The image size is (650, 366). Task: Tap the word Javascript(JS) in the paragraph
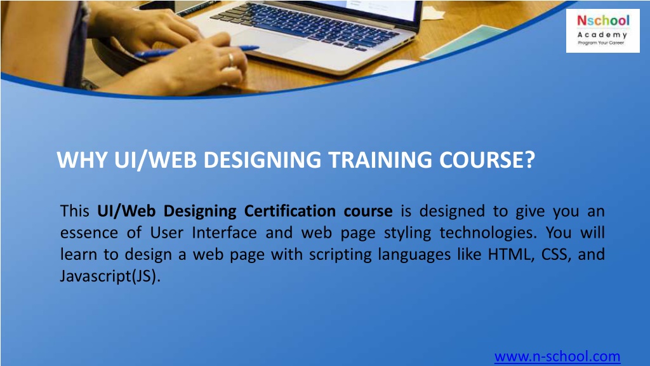107,276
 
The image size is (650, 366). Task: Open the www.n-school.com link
557,356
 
